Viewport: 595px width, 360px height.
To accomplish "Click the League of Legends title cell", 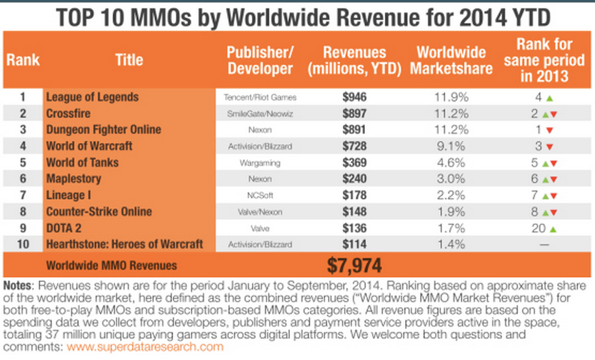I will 92,96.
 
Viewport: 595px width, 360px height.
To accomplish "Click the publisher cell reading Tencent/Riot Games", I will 260,96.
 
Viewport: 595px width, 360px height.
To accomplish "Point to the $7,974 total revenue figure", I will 355,265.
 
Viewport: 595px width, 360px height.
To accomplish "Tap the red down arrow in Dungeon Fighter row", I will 548,130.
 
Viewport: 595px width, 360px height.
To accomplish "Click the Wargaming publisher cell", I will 260,163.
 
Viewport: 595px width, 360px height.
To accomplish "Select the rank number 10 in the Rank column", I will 22,245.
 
